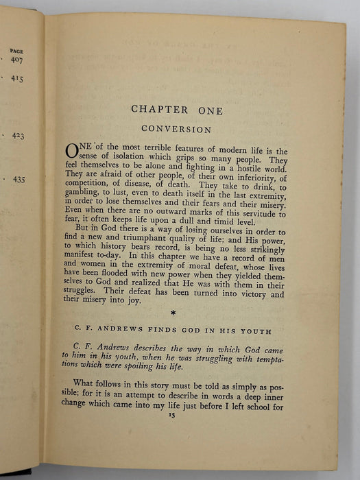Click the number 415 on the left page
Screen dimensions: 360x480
tap(18, 79)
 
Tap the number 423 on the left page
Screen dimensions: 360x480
tap(19, 136)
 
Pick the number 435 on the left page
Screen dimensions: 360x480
tap(19, 179)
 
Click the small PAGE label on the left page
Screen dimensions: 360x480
tap(18, 50)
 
